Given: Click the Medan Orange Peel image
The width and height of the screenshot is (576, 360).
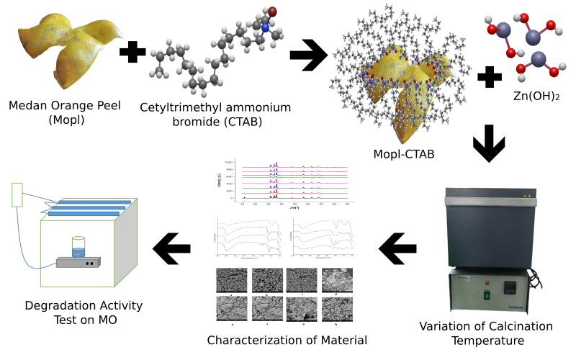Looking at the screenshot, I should pyautogui.click(x=68, y=50).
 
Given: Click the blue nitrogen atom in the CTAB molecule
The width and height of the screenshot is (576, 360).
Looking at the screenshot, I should pyautogui.click(x=265, y=27).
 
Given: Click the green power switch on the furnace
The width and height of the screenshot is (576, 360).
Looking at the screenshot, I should pyautogui.click(x=487, y=294).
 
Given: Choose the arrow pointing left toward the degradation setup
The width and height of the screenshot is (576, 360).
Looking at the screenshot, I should pyautogui.click(x=172, y=250).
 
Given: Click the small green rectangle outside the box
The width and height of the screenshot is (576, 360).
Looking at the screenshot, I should pyautogui.click(x=18, y=194).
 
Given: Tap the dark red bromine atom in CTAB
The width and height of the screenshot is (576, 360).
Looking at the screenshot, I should pyautogui.click(x=273, y=12).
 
